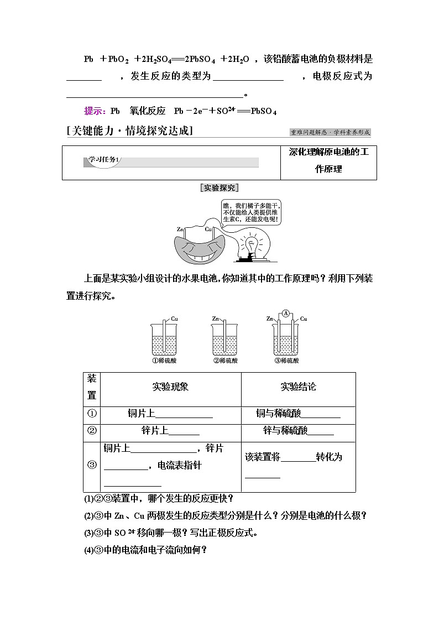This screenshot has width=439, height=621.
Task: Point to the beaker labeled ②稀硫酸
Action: pyautogui.click(x=225, y=340)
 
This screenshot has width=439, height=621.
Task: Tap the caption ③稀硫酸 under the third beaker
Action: pyautogui.click(x=286, y=361)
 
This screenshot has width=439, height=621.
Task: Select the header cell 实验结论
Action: pyautogui.click(x=298, y=387)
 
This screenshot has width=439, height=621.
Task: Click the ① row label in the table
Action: pyautogui.click(x=92, y=414)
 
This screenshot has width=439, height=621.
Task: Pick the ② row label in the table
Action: pyautogui.click(x=92, y=431)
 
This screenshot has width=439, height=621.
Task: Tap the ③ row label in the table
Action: pyautogui.click(x=92, y=465)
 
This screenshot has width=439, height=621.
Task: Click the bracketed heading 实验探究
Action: pyautogui.click(x=219, y=187)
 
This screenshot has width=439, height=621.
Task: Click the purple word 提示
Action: pyautogui.click(x=95, y=111)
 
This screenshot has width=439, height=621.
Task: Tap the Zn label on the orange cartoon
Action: pyautogui.click(x=180, y=228)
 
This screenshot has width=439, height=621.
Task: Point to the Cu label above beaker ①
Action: pyautogui.click(x=174, y=319)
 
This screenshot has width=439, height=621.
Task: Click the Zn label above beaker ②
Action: pyautogui.click(x=216, y=319)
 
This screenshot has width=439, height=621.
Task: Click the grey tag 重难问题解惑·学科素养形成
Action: pyautogui.click(x=330, y=133)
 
